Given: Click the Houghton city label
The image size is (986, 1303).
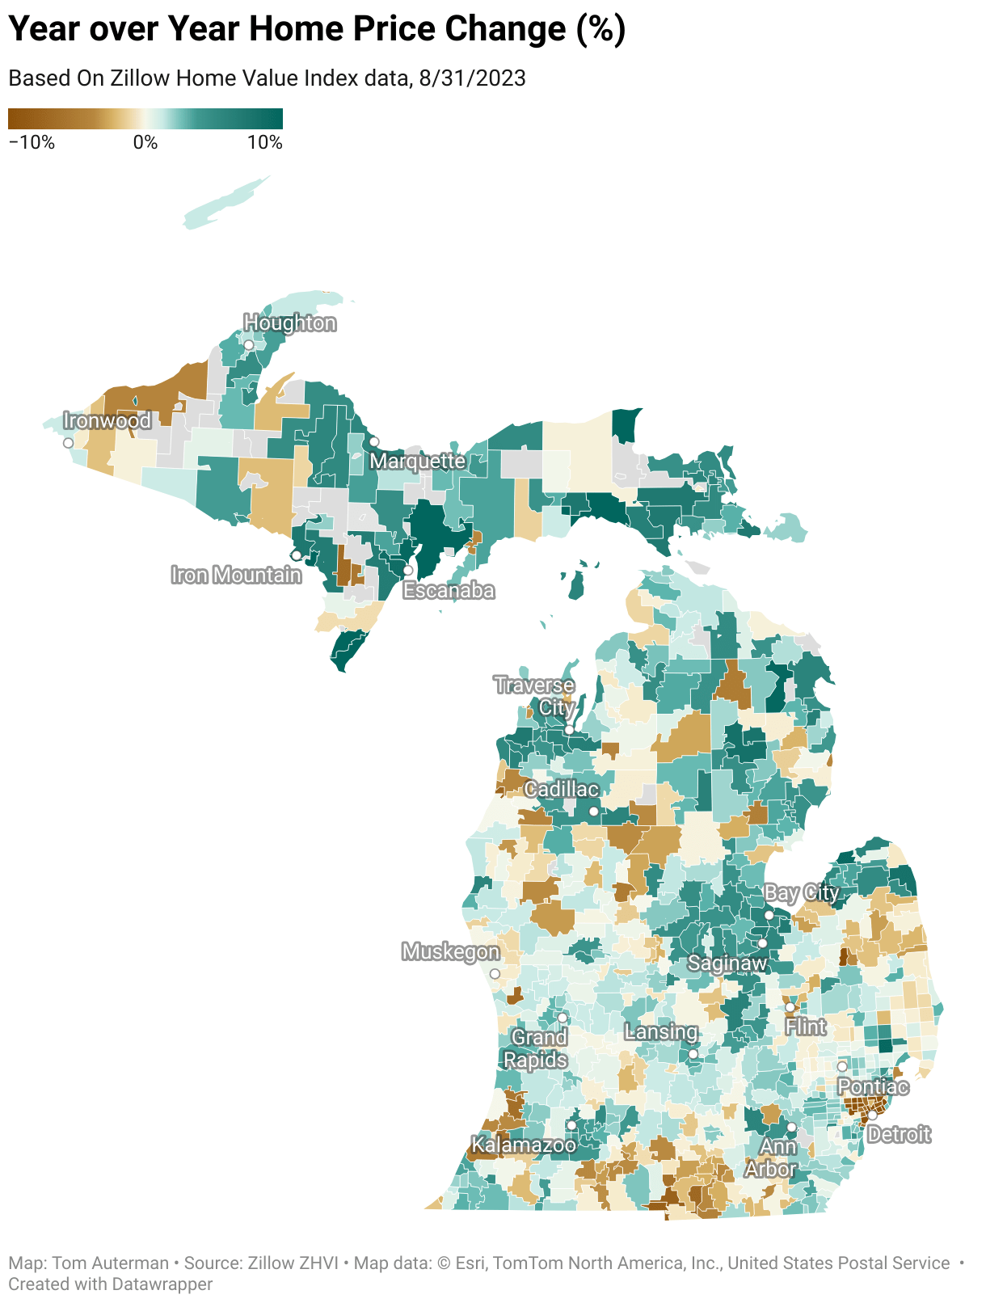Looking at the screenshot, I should pyautogui.click(x=289, y=323).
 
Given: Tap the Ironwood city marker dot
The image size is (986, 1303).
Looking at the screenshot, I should pyautogui.click(x=68, y=443).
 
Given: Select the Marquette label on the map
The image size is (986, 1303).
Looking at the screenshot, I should pyautogui.click(x=418, y=461).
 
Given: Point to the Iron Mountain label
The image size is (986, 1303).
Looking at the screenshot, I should pyautogui.click(x=236, y=575).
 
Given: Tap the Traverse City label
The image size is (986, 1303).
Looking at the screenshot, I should pyautogui.click(x=536, y=696).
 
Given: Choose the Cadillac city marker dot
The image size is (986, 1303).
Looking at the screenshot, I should pyautogui.click(x=594, y=811).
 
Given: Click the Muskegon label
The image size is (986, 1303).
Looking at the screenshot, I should pyautogui.click(x=450, y=951).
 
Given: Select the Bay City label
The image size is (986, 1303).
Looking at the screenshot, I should pyautogui.click(x=801, y=893).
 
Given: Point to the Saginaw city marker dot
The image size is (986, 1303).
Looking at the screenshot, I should pyautogui.click(x=762, y=943).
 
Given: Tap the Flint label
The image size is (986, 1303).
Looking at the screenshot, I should pyautogui.click(x=806, y=1027).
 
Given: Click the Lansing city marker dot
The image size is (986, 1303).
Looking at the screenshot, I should pyautogui.click(x=693, y=1054).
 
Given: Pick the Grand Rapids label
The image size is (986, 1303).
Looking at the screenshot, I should pyautogui.click(x=537, y=1048).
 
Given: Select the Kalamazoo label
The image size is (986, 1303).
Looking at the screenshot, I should pyautogui.click(x=524, y=1145).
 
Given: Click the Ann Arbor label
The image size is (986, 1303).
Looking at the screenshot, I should pyautogui.click(x=772, y=1158).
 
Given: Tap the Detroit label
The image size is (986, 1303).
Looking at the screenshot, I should pyautogui.click(x=899, y=1135).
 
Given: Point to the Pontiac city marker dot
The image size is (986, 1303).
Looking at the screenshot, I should pyautogui.click(x=841, y=1067).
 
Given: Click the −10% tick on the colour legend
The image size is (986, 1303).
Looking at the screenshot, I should pyautogui.click(x=32, y=143).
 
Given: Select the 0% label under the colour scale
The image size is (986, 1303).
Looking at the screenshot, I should pyautogui.click(x=145, y=143).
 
